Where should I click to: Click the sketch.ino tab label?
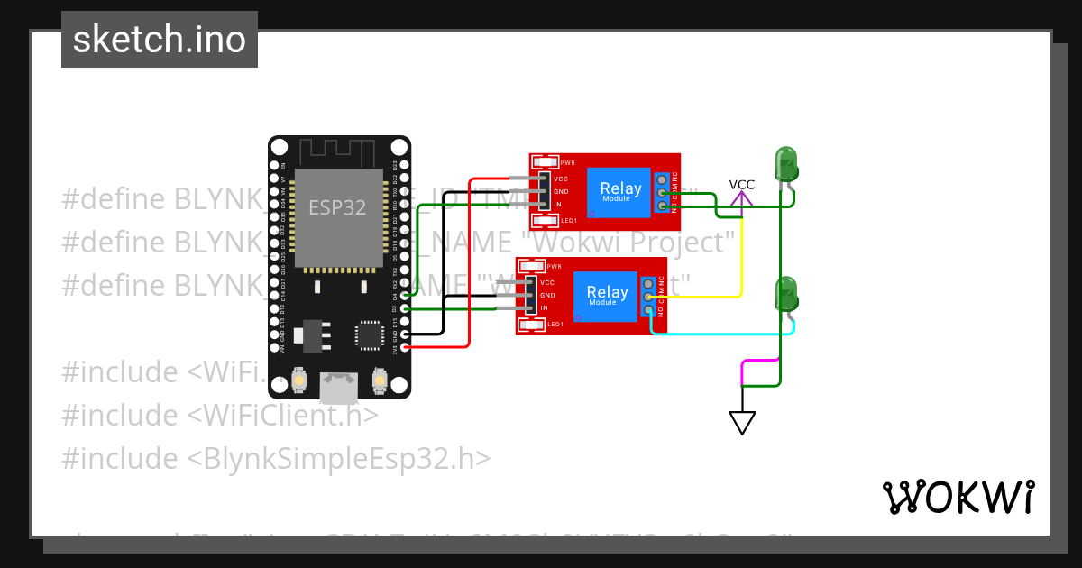[x=160, y=40]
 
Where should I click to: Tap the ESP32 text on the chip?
[x=337, y=207]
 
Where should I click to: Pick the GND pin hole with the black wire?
[x=405, y=334]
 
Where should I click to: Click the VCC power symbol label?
[x=741, y=185]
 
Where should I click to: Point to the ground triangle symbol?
[x=742, y=422]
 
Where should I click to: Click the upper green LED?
[x=786, y=164]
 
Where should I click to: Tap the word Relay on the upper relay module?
[x=620, y=188]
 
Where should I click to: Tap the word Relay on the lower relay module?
[x=607, y=292]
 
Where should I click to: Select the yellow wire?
[x=741, y=261]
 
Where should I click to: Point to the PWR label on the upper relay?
[x=568, y=163]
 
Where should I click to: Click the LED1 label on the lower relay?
[x=555, y=324]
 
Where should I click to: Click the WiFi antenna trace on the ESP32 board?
[x=339, y=150]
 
